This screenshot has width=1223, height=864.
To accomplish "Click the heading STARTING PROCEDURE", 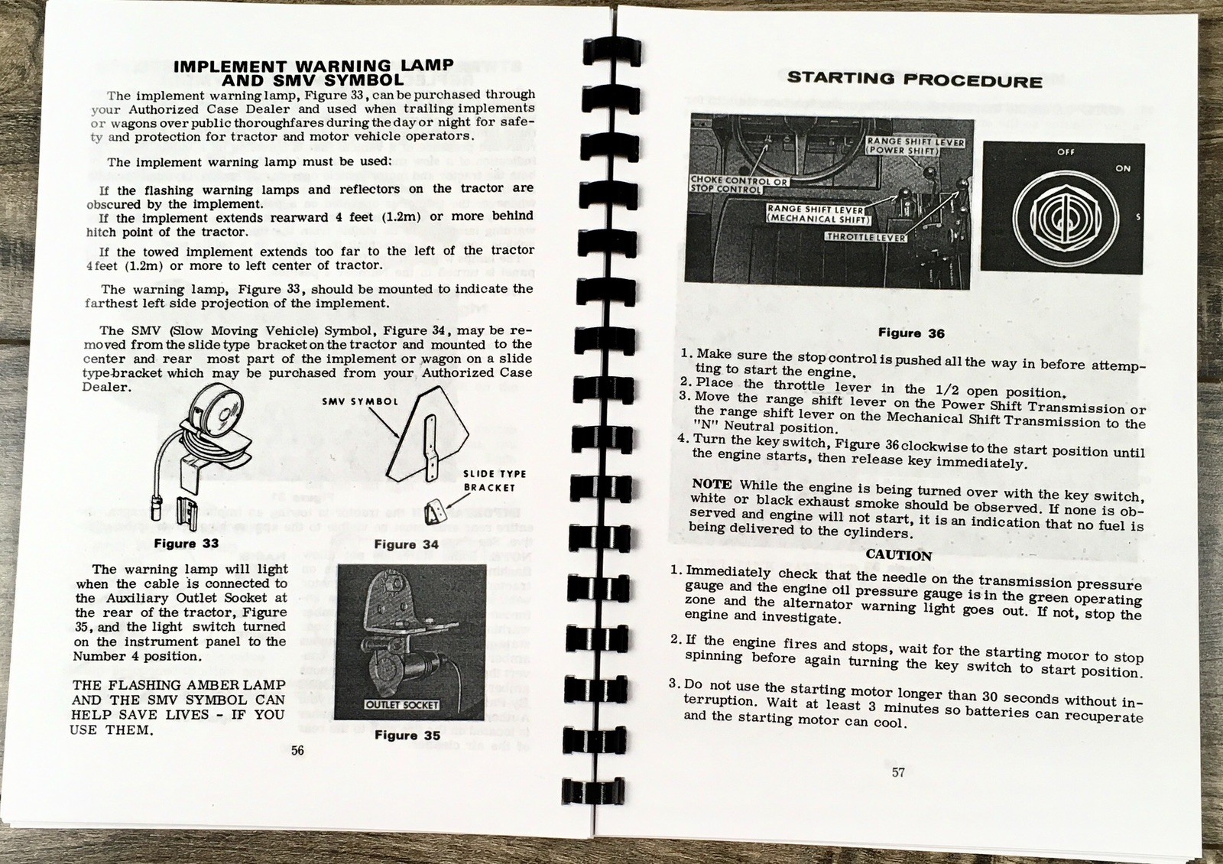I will (x=914, y=80).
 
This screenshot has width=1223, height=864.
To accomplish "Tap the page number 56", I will (x=297, y=751).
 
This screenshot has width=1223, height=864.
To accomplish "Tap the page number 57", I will (x=898, y=772).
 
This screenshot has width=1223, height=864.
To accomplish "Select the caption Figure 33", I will (x=187, y=544).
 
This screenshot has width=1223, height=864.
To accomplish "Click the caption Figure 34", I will (x=406, y=544).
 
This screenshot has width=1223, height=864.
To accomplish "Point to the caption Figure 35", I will (x=407, y=736).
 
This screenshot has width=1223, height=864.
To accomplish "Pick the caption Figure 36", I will (x=911, y=333).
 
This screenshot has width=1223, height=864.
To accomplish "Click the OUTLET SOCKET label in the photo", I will (x=402, y=704).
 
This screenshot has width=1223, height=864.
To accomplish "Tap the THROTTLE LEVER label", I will (x=865, y=237).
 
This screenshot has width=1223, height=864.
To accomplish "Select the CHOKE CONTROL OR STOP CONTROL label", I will (x=727, y=185).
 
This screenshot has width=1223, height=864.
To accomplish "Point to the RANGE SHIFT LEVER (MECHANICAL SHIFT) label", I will (x=817, y=214).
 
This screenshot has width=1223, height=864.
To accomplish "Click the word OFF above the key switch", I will (x=1066, y=152).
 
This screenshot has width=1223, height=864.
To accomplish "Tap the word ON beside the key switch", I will (x=1122, y=169).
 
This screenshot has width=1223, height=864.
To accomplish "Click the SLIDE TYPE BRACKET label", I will (x=494, y=481).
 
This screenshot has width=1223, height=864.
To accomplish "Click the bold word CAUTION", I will (x=899, y=555).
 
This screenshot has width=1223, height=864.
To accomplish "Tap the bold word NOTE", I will (x=712, y=484).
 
